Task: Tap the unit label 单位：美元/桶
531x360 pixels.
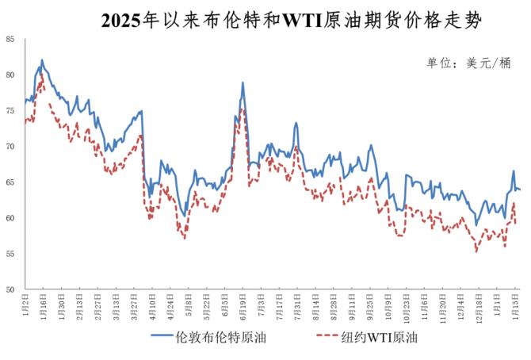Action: coord(468,63)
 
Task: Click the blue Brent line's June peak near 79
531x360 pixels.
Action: coord(243,82)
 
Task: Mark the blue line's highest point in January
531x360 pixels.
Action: coord(42,59)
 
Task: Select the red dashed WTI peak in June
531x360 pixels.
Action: coord(243,109)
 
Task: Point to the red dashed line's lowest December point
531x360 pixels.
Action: coord(476,251)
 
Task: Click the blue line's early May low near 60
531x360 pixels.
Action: coord(185,215)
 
